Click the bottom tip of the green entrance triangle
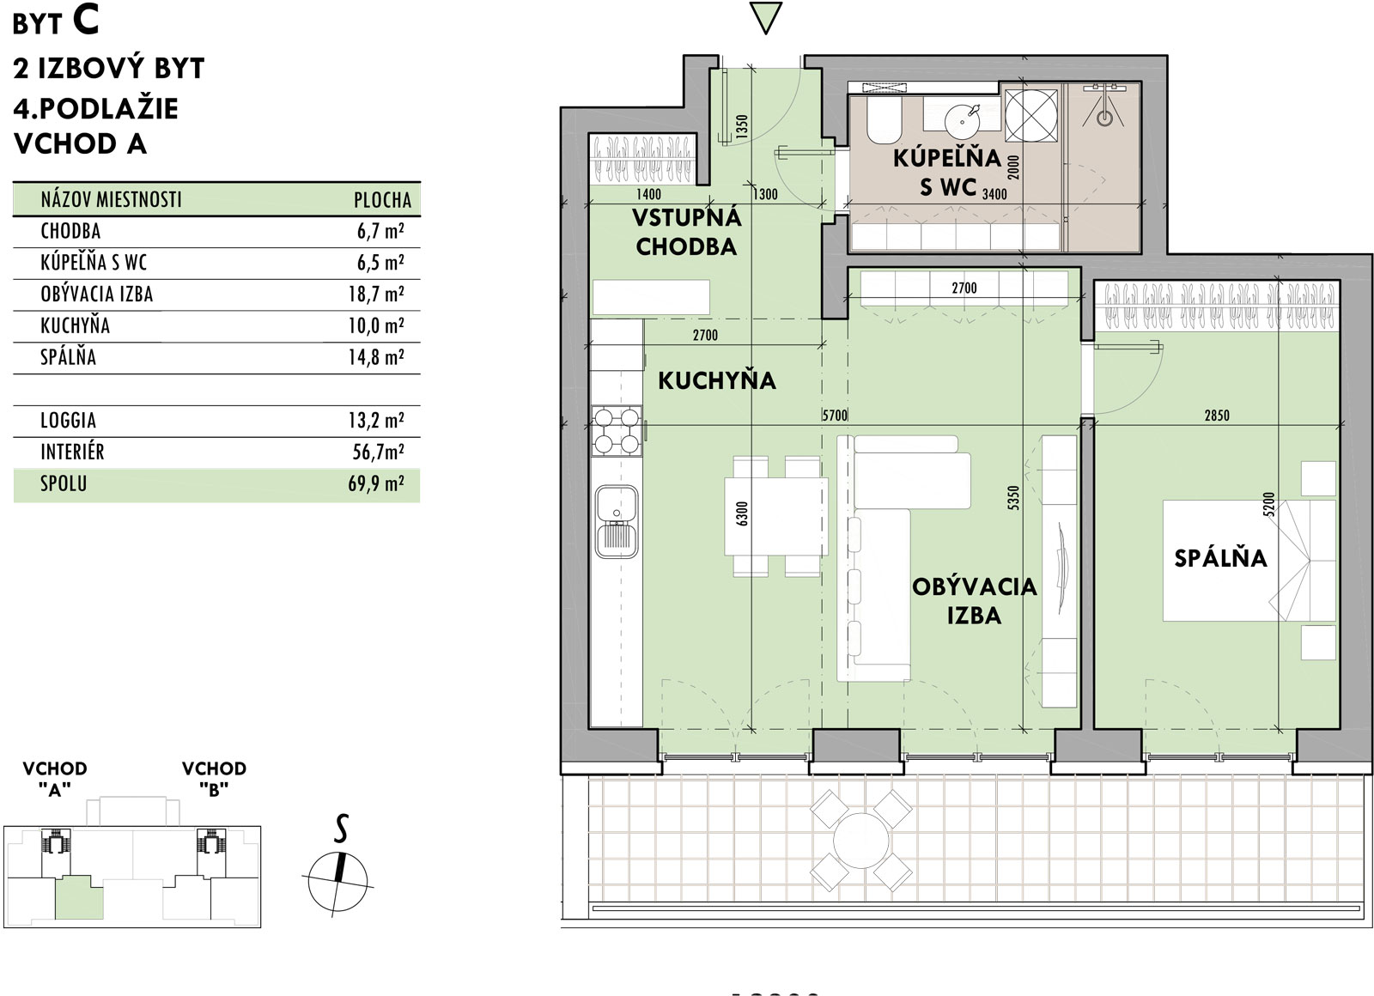(x=765, y=33)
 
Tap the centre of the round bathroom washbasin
(x=963, y=122)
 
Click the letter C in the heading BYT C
(x=85, y=21)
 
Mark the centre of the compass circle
(x=337, y=881)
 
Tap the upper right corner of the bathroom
(x=1140, y=82)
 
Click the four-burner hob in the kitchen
(x=617, y=430)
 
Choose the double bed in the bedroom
(x=1249, y=560)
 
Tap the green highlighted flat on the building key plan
(x=78, y=898)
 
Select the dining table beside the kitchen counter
(x=776, y=516)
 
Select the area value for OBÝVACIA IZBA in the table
(x=376, y=295)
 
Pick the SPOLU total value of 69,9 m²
(x=376, y=484)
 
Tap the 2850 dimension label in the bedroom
(x=1217, y=416)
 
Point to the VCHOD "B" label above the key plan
(x=214, y=779)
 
